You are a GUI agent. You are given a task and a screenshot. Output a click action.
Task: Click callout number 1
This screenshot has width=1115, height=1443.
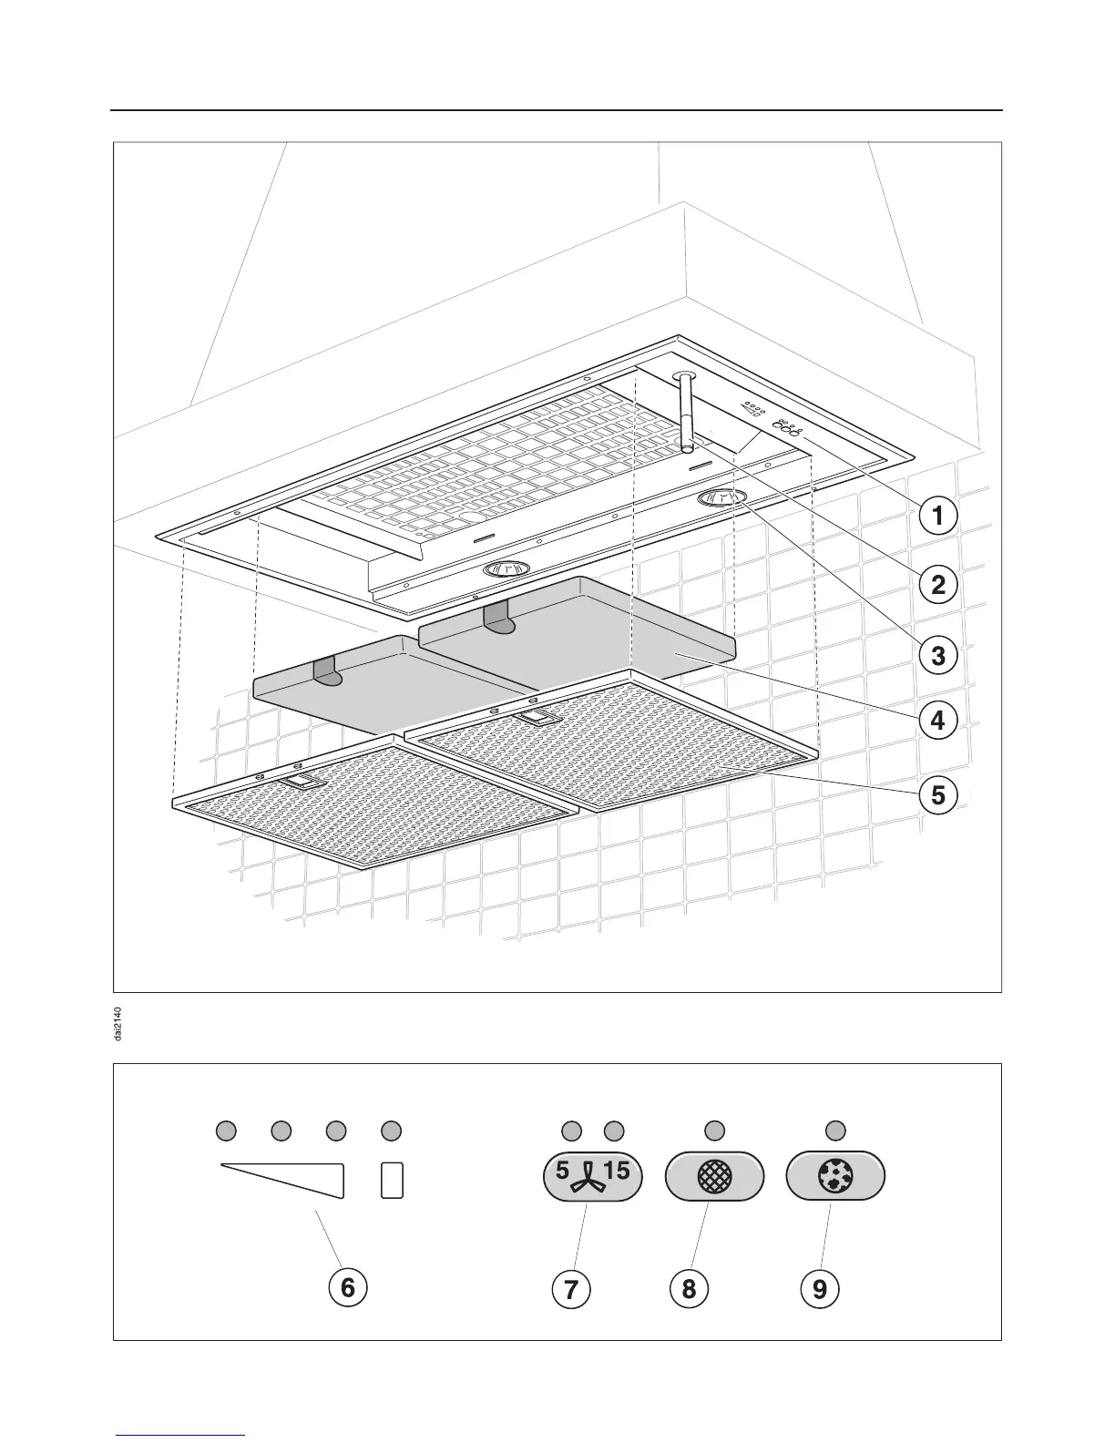click(937, 516)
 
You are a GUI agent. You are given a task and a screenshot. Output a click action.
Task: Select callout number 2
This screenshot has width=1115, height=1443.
click(937, 584)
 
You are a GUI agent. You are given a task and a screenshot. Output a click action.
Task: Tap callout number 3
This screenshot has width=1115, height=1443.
click(937, 654)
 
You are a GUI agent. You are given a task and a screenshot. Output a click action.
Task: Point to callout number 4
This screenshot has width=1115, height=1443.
click(937, 721)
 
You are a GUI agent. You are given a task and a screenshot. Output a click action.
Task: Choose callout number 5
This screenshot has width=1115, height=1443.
click(937, 795)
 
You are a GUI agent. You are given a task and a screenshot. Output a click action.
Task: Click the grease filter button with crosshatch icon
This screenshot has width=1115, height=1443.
click(714, 1178)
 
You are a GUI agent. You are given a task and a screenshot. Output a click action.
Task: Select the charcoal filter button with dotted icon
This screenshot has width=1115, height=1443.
click(835, 1178)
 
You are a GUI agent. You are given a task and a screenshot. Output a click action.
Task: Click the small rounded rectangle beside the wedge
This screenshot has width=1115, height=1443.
click(392, 1180)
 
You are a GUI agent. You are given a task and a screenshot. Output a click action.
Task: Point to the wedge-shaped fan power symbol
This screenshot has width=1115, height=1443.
click(292, 1178)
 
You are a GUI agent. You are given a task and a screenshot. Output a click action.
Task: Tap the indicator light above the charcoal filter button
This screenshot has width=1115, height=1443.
click(835, 1131)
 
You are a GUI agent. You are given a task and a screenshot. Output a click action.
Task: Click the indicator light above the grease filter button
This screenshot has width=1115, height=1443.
click(714, 1131)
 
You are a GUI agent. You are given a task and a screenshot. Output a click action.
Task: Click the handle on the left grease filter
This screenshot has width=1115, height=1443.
click(298, 782)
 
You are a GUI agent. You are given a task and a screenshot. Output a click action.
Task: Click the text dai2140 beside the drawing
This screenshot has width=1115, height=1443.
click(120, 1023)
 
